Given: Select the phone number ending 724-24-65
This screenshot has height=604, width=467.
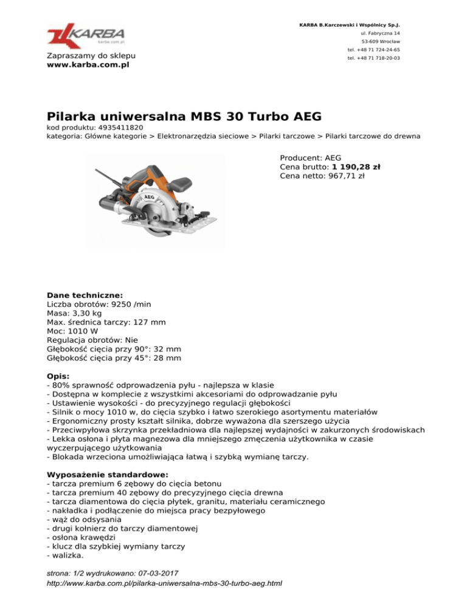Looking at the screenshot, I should [373, 50].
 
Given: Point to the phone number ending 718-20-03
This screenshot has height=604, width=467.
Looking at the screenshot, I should [373, 58].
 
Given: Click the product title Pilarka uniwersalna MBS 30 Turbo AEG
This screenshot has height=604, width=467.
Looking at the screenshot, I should [184, 115].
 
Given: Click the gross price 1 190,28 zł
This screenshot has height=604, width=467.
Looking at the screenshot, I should [356, 166].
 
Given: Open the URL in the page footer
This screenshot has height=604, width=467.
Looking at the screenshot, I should [164, 584].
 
